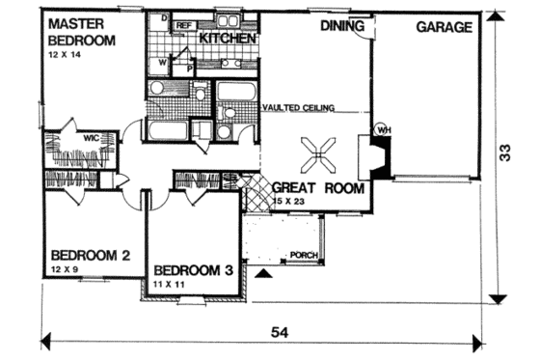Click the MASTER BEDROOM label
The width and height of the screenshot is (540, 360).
81,31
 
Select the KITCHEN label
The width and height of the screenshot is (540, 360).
228,38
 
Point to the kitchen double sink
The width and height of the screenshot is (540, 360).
230,64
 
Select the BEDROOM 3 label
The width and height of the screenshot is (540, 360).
194,269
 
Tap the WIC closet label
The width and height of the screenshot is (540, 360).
90,138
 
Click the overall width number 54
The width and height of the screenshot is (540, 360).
280,331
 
